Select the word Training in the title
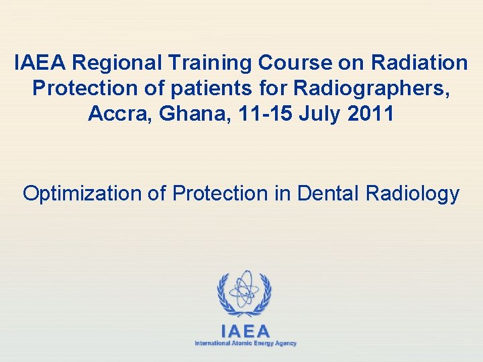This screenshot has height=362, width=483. point(211,63)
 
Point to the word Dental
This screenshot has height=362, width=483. point(328,193)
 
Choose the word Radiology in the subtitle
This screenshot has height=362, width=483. point(413,194)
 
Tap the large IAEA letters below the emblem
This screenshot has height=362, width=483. point(246,331)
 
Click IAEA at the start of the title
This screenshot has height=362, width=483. point(41,63)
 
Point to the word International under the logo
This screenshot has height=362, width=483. point(211,343)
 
